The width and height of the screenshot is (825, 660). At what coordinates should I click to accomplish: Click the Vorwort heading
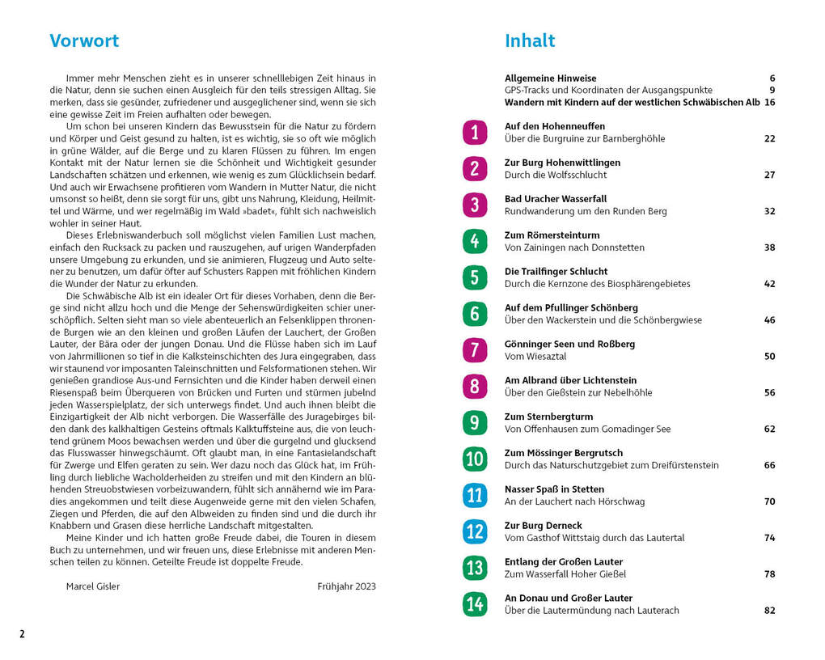click(x=84, y=41)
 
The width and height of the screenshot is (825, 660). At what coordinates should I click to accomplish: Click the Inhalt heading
click(x=530, y=41)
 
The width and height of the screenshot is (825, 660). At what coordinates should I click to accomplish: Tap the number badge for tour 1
click(x=475, y=132)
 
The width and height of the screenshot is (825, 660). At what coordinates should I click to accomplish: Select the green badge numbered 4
click(x=475, y=241)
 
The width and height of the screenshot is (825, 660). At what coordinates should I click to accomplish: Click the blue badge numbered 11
click(x=475, y=495)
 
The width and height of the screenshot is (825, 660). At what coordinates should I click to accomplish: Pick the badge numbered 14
click(x=475, y=604)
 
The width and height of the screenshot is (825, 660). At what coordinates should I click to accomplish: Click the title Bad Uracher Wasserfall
click(x=555, y=199)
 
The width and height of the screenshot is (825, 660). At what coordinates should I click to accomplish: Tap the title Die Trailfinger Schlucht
click(x=556, y=272)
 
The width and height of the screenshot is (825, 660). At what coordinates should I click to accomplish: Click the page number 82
click(x=769, y=611)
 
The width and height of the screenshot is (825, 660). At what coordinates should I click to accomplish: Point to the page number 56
click(x=769, y=393)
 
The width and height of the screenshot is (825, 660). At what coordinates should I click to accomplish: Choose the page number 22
click(x=769, y=139)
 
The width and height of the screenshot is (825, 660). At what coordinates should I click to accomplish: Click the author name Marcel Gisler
click(x=92, y=586)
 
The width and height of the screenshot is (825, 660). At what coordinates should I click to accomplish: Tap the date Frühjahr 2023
click(x=346, y=586)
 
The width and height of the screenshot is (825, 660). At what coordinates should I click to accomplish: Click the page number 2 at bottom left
click(x=23, y=634)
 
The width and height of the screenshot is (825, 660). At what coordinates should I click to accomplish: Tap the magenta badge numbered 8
click(x=475, y=387)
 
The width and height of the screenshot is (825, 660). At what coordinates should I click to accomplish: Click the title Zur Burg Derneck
click(x=543, y=526)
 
